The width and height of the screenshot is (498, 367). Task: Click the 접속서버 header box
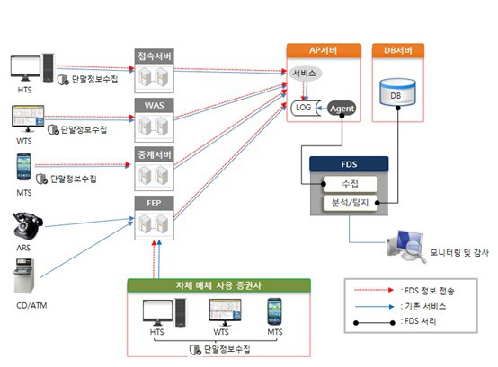click(154, 57)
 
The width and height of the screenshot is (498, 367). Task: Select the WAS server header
click(154, 105)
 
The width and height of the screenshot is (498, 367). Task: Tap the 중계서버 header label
click(154, 154)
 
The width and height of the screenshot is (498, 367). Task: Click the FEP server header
click(154, 203)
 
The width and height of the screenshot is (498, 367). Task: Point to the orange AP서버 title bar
click(324, 51)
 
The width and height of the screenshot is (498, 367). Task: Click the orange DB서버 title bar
click(398, 51)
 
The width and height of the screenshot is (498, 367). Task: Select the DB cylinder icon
click(397, 92)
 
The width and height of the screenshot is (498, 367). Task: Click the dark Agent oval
click(342, 109)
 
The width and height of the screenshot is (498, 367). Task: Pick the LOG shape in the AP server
click(305, 108)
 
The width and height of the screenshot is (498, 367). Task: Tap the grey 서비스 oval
click(305, 74)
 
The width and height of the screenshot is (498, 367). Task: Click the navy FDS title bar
click(349, 164)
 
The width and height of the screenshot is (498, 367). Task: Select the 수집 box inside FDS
click(350, 184)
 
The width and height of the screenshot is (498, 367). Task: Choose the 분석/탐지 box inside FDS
click(350, 203)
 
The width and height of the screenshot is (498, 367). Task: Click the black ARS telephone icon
click(28, 225)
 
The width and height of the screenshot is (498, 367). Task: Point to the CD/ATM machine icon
click(24, 276)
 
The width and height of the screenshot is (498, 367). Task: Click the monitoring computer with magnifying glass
click(407, 246)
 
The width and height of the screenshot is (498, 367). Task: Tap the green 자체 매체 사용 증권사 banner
click(218, 285)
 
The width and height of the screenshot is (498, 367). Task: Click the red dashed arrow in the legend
click(374, 290)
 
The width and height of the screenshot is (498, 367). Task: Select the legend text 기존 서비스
click(425, 306)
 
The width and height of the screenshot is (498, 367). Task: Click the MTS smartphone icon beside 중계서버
click(24, 167)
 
